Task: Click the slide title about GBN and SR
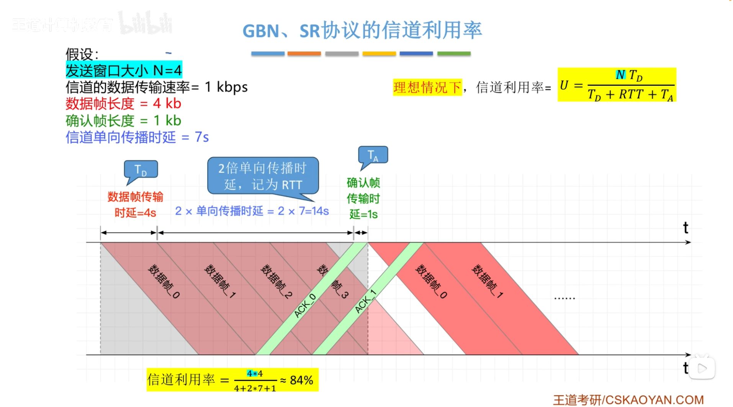(x=362, y=30)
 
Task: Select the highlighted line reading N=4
(x=124, y=70)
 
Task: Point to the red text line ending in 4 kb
(x=123, y=104)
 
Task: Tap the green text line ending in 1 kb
(x=123, y=121)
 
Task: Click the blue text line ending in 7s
(x=137, y=137)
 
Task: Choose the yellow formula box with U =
(x=617, y=85)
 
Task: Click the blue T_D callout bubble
(x=141, y=170)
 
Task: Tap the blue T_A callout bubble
(x=373, y=155)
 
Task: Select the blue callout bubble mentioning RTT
(x=263, y=176)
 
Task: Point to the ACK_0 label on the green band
(x=305, y=306)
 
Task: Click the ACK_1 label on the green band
(x=365, y=302)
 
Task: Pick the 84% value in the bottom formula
(x=301, y=380)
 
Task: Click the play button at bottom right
(x=702, y=368)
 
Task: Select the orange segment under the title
(x=304, y=54)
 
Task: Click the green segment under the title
(x=454, y=54)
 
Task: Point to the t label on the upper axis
(x=686, y=228)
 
